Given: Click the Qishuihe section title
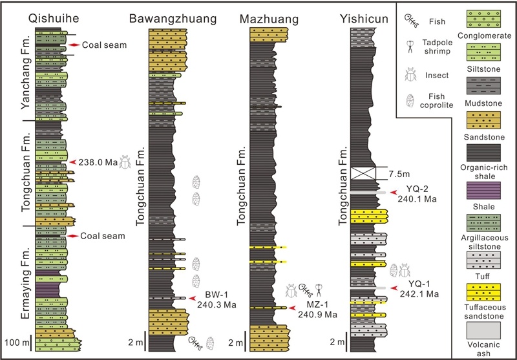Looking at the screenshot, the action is pyautogui.click(x=54, y=18).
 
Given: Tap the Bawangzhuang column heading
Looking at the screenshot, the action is pyautogui.click(x=173, y=19).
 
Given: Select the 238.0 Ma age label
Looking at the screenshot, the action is pyautogui.click(x=98, y=162).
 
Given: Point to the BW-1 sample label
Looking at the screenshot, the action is pyautogui.click(x=216, y=294).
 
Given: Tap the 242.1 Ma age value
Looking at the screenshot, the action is pyautogui.click(x=419, y=293).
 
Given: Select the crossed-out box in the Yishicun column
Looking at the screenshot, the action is pyautogui.click(x=363, y=173).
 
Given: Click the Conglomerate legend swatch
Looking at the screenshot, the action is pyautogui.click(x=483, y=19).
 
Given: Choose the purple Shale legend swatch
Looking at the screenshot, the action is pyautogui.click(x=483, y=191).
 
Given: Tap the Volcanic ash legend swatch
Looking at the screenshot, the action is pyautogui.click(x=483, y=331).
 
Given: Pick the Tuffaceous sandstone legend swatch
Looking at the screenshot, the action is pyautogui.click(x=483, y=292).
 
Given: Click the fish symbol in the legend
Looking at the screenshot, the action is pyautogui.click(x=411, y=21).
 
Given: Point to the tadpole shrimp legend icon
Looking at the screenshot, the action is pyautogui.click(x=410, y=47).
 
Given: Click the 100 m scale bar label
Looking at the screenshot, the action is pyautogui.click(x=17, y=343).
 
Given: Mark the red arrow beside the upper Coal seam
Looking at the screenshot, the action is pyautogui.click(x=74, y=45).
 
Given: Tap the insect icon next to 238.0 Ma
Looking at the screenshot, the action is pyautogui.click(x=125, y=162).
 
